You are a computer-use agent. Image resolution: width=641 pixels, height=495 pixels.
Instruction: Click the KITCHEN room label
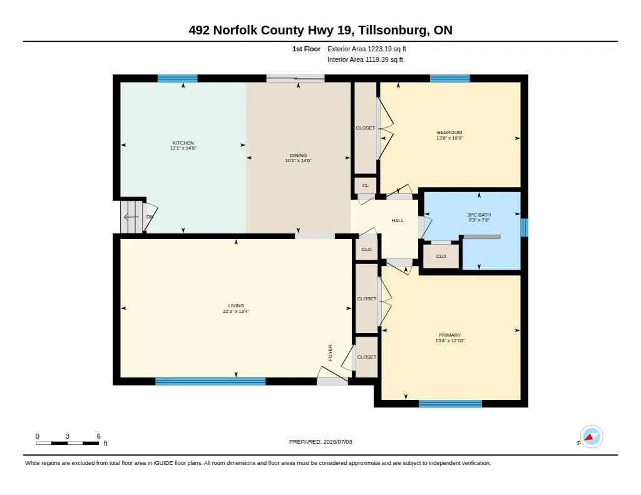coord(183,143)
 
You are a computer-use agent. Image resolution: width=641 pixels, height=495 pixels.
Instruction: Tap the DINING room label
coord(298,155)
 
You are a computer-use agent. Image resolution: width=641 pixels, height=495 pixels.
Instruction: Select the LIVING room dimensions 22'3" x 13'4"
coord(236,312)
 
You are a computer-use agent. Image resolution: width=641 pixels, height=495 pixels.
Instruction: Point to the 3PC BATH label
coord(479,215)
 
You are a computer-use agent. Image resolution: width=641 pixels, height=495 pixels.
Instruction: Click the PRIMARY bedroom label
coord(449,335)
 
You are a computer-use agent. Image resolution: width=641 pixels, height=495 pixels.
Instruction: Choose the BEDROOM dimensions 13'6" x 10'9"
coord(449,138)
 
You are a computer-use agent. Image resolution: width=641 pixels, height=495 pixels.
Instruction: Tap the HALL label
coord(397,221)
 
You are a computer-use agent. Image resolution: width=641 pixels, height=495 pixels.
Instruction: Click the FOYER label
coord(331,353)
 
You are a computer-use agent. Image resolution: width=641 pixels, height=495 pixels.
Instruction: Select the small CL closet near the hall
coord(365,185)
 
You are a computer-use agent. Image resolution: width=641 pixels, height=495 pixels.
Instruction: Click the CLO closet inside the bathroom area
coord(441,257)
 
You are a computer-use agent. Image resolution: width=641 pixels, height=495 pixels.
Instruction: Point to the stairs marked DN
coord(131,217)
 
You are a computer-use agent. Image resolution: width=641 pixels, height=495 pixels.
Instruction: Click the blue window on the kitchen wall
coord(177,78)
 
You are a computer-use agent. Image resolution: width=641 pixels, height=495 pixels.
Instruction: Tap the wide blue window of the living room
coord(210,381)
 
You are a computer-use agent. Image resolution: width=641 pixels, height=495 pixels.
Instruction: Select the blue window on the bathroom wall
coord(524,228)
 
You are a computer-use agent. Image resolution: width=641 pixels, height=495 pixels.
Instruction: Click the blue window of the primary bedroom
coord(451,404)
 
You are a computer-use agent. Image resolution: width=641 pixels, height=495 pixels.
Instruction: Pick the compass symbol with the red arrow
coord(591,437)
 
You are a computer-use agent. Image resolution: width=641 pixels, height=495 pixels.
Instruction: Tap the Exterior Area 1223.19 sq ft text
coord(367,49)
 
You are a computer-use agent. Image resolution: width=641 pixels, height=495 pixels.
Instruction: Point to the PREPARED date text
coord(320,442)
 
